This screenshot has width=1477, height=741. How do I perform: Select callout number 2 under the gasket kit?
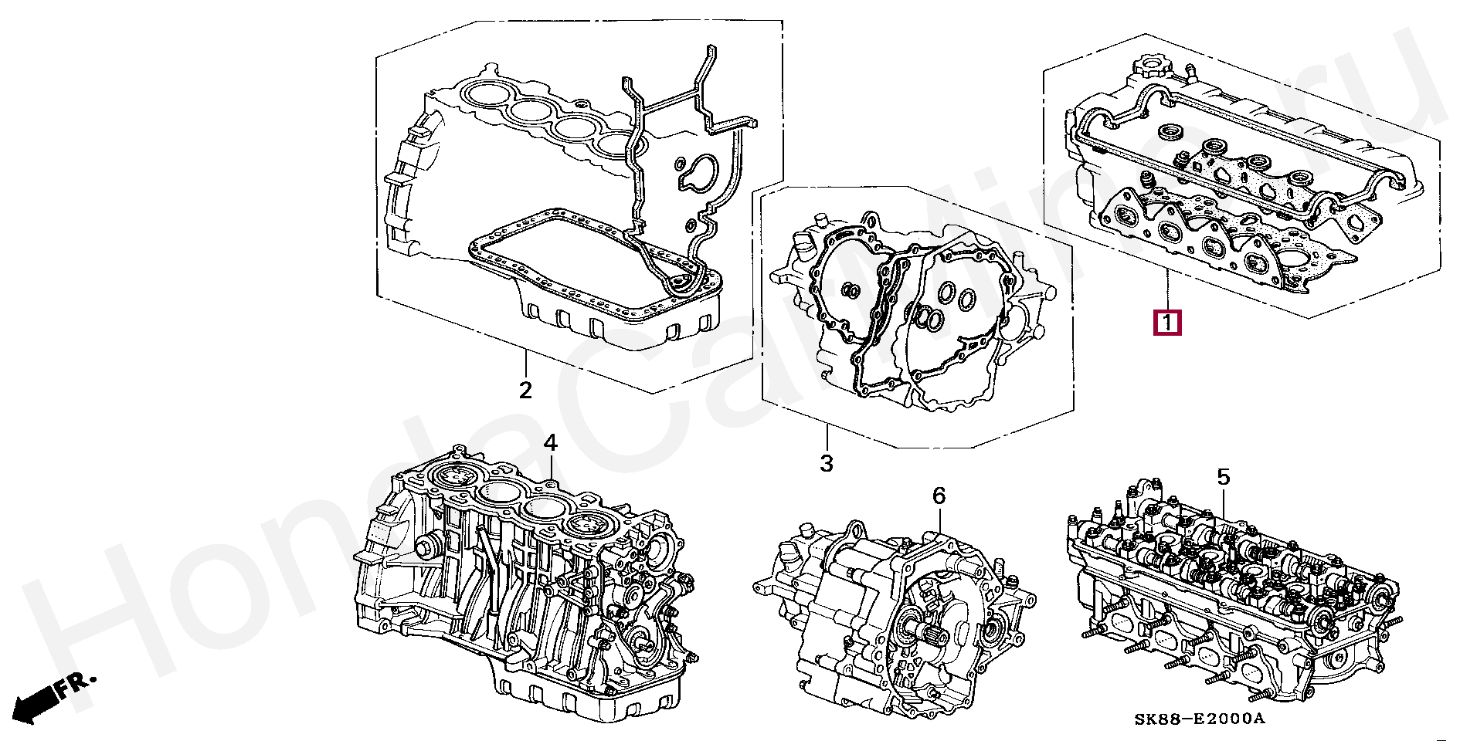pos(525,390)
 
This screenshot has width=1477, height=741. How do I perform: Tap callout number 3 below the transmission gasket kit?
pos(827,463)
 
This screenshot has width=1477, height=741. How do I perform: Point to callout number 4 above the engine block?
pos(549,443)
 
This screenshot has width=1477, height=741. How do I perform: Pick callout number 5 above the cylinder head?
pos(1223,478)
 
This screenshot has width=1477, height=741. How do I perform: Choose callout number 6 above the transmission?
pos(938,496)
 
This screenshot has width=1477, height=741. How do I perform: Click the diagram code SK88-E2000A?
pos(1200,719)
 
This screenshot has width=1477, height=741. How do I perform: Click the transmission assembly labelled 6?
pos(888,617)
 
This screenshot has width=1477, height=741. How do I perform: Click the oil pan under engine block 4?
pos(587,691)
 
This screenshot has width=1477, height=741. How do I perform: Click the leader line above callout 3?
pos(827,437)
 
